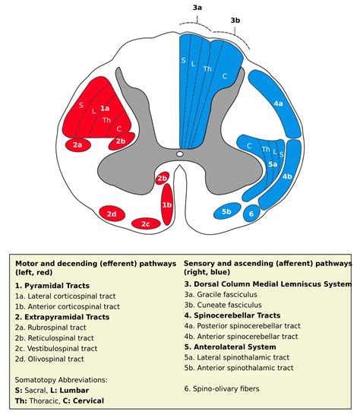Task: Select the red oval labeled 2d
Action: pos(112,214)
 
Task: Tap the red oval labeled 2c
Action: pos(145,223)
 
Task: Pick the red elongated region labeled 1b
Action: pos(167,204)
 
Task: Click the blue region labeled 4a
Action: pos(278,103)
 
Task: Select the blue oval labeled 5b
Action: pos(226,211)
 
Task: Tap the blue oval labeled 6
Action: pos(251,214)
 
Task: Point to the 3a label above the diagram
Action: pos(197,7)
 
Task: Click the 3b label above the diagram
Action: pos(235,20)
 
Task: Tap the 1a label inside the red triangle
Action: pos(105,109)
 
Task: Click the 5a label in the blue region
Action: pos(272,162)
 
